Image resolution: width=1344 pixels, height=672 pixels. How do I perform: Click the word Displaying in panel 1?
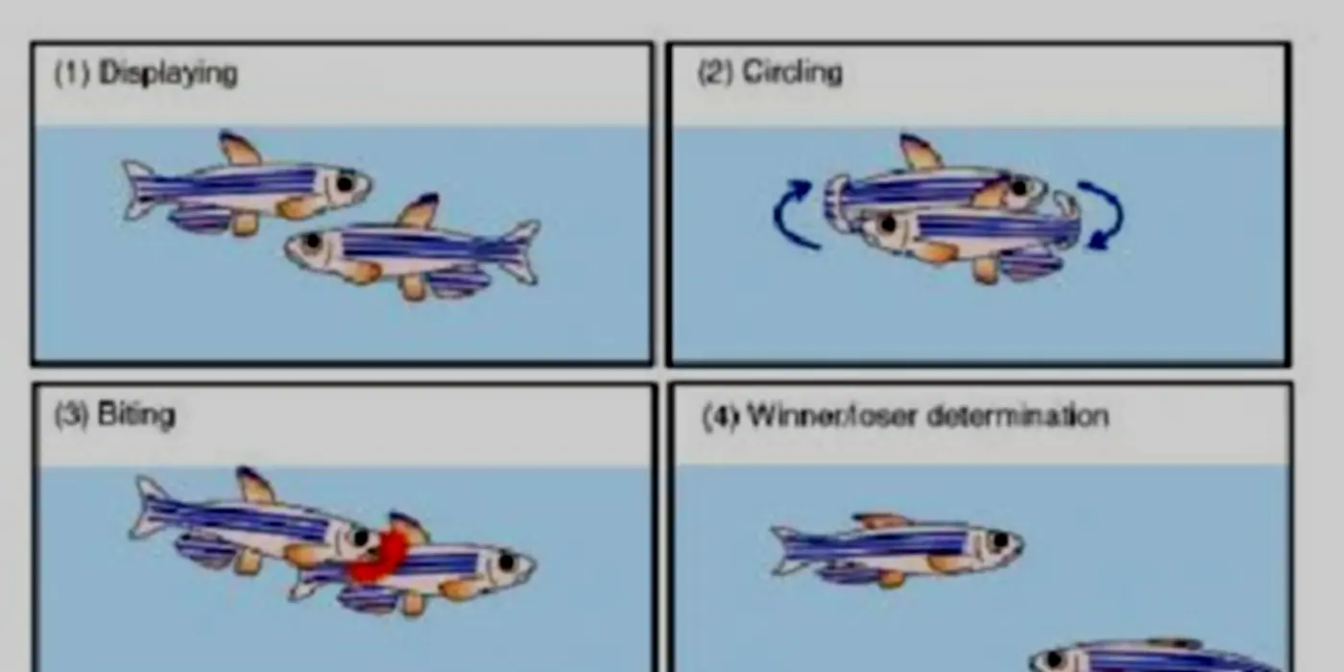click(168, 74)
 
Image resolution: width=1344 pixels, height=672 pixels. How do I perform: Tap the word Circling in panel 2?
click(792, 73)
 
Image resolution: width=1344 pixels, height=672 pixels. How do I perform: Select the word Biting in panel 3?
click(136, 415)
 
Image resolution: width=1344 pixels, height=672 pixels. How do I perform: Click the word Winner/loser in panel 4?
click(833, 416)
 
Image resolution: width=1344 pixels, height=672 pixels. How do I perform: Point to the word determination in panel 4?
click(1018, 416)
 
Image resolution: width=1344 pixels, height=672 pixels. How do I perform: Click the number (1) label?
click(72, 73)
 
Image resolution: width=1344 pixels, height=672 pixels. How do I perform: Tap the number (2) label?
click(715, 73)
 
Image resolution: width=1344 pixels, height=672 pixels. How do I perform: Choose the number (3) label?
click(72, 415)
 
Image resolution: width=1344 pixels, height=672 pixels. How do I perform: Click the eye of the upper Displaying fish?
click(345, 183)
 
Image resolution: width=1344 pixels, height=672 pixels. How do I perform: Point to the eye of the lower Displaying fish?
click(311, 241)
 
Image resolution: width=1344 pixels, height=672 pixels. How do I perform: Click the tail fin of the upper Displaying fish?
click(138, 189)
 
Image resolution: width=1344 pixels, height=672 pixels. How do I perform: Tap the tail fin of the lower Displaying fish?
click(522, 252)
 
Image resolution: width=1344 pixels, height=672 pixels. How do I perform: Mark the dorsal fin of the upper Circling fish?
click(920, 152)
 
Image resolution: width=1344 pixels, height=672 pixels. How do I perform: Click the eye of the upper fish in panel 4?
click(1000, 540)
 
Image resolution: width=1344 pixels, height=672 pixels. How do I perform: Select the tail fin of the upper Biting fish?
click(147, 508)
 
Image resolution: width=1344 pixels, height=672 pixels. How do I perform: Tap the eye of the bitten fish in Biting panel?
click(507, 563)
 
